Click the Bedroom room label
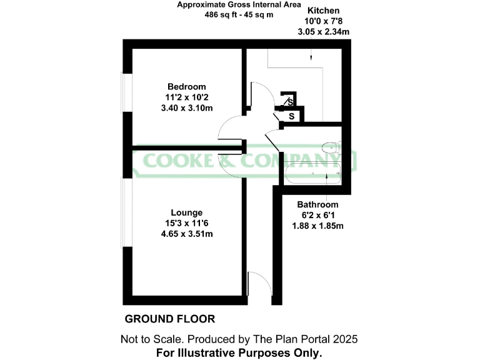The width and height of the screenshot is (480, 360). (186, 86)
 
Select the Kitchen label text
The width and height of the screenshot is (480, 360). (323, 11)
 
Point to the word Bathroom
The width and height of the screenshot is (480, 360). (317, 204)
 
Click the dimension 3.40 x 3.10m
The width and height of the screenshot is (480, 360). (186, 107)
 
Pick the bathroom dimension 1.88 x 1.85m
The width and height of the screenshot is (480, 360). (318, 226)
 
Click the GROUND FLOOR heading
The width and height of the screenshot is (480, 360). (170, 319)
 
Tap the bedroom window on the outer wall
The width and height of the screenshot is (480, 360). (125, 94)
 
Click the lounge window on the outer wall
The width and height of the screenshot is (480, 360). (126, 212)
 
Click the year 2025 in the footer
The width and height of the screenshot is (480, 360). (344, 339)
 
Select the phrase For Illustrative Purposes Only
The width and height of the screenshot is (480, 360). (239, 353)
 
